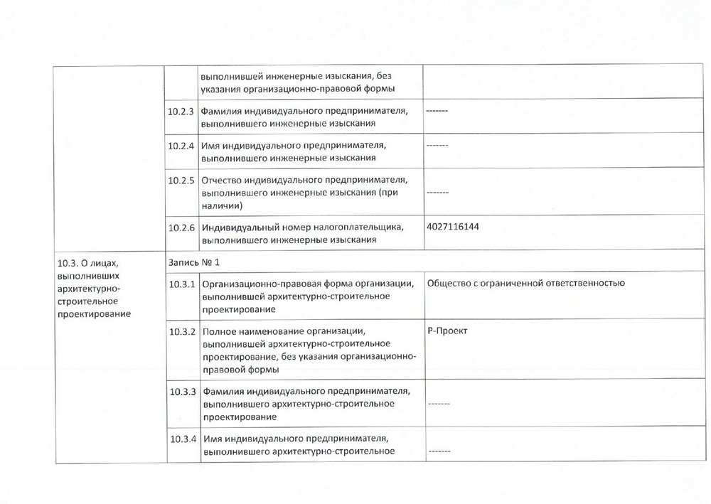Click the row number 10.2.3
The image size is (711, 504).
tap(183, 111)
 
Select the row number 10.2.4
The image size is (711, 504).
tap(183, 145)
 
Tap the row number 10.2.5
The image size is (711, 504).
tap(183, 180)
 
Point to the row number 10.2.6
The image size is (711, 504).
tap(183, 227)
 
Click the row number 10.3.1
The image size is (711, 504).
tap(183, 284)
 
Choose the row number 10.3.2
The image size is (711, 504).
tap(183, 332)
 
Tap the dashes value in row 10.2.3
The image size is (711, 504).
tap(437, 111)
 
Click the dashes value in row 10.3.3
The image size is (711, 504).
tap(439, 403)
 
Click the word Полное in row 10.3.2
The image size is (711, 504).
tap(219, 332)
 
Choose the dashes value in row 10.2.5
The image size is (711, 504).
tap(437, 192)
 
